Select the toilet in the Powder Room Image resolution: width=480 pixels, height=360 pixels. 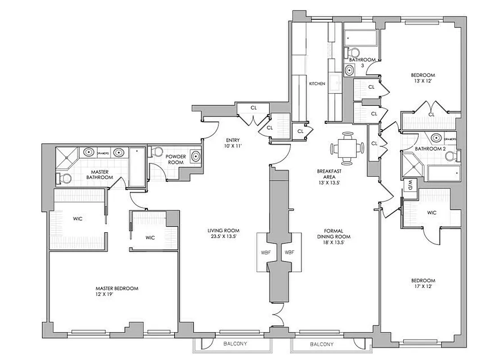click(156, 153)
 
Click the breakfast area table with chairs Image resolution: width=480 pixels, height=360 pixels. click(347, 148)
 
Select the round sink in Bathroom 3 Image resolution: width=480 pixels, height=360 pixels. click(349, 70)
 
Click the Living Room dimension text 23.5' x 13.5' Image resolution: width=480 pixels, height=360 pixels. click(219, 235)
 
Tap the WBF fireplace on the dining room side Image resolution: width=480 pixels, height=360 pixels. click(289, 252)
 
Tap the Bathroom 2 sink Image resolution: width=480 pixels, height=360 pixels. click(435, 138)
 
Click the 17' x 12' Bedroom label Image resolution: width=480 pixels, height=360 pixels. click(423, 283)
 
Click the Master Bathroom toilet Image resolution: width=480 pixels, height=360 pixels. click(63, 179)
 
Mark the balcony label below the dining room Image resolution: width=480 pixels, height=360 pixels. click(322, 345)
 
